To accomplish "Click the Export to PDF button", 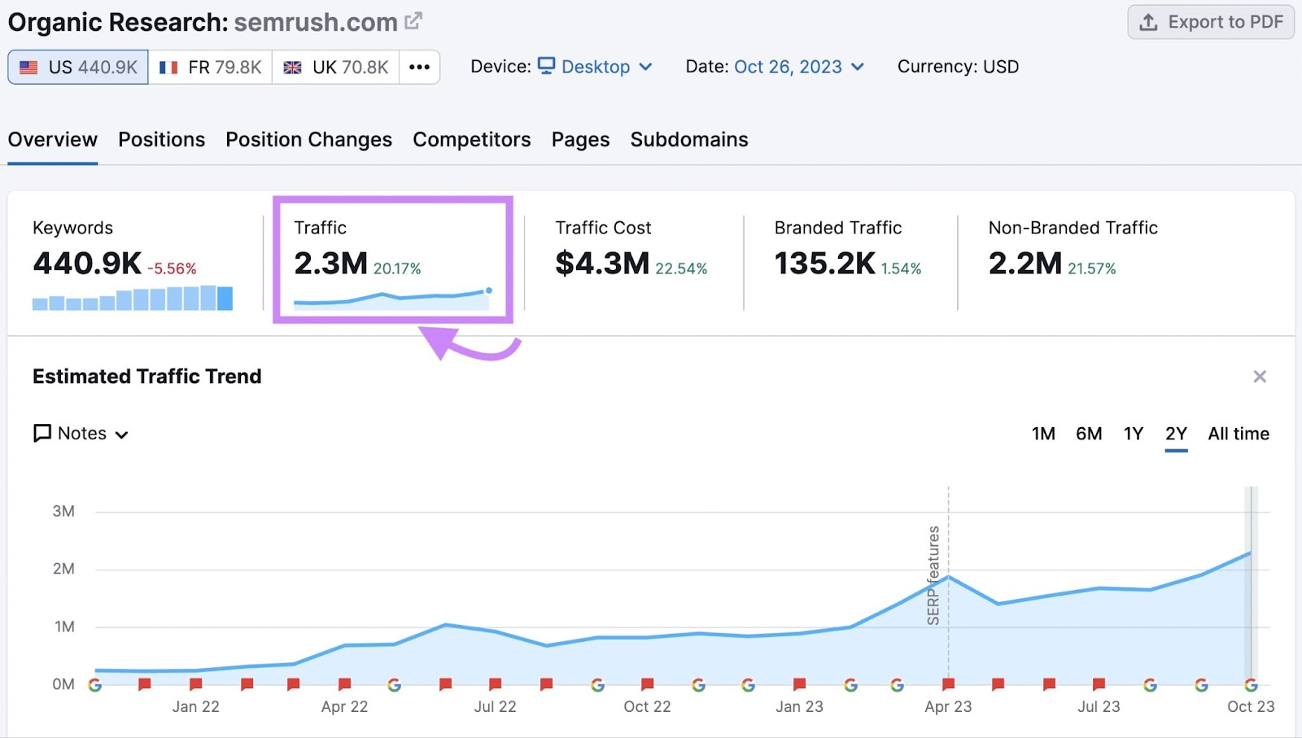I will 1210,22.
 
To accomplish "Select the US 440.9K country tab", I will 78,67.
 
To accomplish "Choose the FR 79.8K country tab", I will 210,67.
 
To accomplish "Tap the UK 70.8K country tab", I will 335,67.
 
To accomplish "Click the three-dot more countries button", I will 419,67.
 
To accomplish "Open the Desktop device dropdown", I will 596,67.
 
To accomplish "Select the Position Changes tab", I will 308,140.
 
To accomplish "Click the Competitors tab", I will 471,140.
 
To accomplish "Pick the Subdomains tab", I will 688,140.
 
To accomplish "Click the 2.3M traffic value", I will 330,264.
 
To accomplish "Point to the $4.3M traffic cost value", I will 602,264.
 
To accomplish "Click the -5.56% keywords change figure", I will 172,269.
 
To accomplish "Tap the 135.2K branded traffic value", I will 824,264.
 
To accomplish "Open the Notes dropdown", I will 81,434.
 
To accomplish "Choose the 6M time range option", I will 1089,434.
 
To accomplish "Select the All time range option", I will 1238,434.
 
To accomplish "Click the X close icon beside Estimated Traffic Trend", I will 1260,377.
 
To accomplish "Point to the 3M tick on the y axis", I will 63,511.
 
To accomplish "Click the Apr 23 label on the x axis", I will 948,706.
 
